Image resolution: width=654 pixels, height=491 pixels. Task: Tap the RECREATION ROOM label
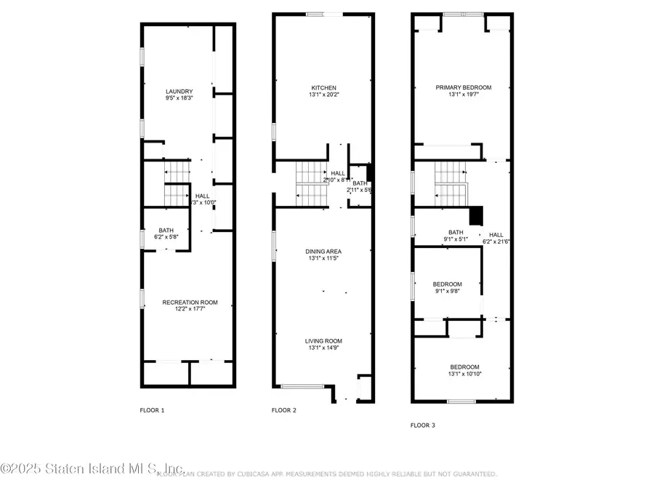pyautogui.click(x=190, y=302)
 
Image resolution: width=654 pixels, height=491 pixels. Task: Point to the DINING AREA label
pyautogui.click(x=323, y=251)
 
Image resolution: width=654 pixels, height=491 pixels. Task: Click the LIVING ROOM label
pyautogui.click(x=323, y=340)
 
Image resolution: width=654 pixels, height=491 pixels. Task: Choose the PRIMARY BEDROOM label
pyautogui.click(x=464, y=87)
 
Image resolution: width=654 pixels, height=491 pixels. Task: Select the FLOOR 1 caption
pyautogui.click(x=152, y=410)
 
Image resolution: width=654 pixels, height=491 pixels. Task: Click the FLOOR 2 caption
pyautogui.click(x=284, y=410)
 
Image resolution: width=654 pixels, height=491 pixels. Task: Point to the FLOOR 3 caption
pyautogui.click(x=423, y=425)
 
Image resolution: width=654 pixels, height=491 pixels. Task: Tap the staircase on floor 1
pyautogui.click(x=177, y=185)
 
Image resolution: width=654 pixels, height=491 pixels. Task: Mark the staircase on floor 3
pyautogui.click(x=451, y=184)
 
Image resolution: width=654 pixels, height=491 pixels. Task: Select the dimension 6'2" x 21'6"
pyautogui.click(x=497, y=241)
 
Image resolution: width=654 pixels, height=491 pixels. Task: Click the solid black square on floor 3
pyautogui.click(x=476, y=216)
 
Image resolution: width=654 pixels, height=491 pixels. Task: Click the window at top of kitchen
pyautogui.click(x=320, y=14)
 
